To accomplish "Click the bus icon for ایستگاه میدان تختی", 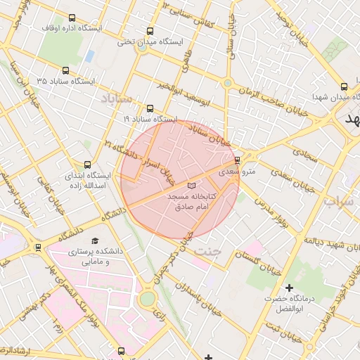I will [150, 31].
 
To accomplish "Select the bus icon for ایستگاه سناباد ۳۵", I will [65, 70].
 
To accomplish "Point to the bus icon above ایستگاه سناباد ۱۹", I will [150, 108].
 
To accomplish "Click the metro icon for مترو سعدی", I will [237, 160].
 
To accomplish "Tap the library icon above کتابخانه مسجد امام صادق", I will [192, 184].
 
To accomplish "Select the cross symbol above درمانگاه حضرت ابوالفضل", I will [289, 288].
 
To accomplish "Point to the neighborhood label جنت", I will [226, 252].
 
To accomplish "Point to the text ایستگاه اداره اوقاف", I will [92, 28].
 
